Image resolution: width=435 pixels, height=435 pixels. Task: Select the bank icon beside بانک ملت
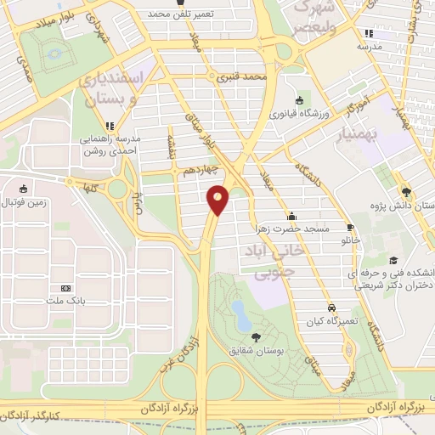pyautogui.click(x=66, y=288)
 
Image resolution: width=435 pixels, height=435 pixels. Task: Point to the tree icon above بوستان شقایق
pyautogui.click(x=256, y=337)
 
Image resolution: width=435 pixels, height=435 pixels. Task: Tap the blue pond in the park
pyautogui.click(x=240, y=316)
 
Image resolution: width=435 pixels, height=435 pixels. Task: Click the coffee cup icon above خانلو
pyautogui.click(x=350, y=228)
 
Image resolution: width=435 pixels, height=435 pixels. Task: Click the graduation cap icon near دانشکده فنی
pyautogui.click(x=393, y=261)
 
